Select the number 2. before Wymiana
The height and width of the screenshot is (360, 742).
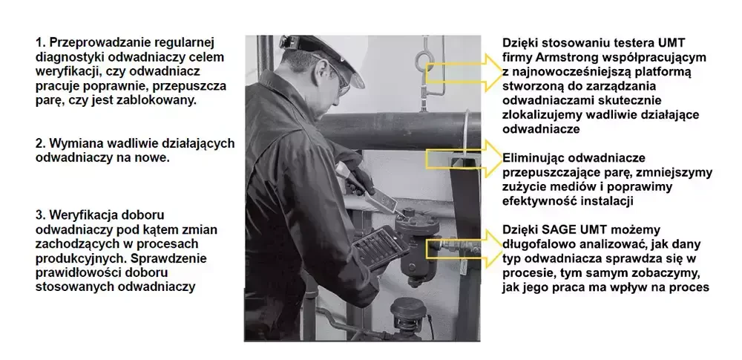pos(40,143)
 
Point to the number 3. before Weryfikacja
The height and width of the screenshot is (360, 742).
pos(40,215)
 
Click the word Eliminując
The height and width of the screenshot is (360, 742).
pos(532,158)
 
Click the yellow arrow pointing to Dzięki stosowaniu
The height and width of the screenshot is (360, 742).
pos(461,70)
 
